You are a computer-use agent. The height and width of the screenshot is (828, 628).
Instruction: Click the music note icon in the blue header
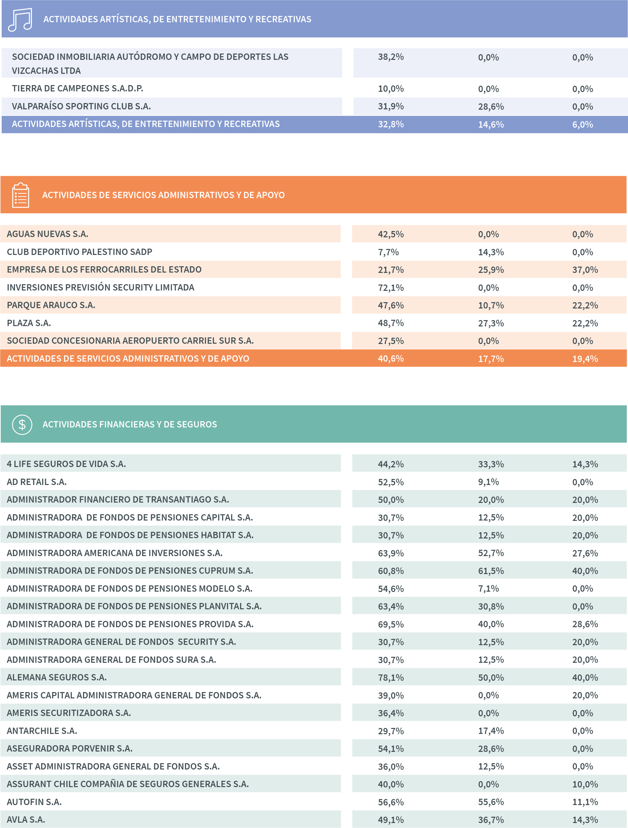pos(20,20)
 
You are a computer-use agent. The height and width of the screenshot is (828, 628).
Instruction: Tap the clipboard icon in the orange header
pos(21,195)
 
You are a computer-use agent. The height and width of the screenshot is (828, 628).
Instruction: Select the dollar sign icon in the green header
pos(22,424)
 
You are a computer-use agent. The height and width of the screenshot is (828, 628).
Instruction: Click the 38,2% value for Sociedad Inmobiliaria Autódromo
pos(391,57)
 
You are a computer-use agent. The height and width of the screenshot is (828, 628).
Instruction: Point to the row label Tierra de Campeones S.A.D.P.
pos(77,89)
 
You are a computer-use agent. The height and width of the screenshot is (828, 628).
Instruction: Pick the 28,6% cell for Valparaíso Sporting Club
pos(491,107)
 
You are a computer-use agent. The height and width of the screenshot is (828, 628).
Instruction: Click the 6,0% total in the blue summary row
pos(583,125)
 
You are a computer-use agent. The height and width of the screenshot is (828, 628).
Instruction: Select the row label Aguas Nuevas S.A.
pos(47,234)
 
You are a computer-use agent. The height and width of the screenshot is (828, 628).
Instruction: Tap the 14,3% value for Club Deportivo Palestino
pos(491,252)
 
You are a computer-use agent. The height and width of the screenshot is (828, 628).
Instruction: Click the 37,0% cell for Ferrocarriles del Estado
pos(584,270)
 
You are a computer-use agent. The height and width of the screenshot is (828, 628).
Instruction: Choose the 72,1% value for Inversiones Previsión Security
pos(391,288)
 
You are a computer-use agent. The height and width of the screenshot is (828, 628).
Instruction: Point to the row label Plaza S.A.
pos(29,323)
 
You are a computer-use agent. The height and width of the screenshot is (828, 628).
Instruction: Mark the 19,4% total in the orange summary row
pos(584,359)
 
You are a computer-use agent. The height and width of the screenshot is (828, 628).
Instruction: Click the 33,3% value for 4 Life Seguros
pos(491,464)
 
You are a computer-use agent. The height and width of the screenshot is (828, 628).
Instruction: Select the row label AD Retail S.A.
pos(37,482)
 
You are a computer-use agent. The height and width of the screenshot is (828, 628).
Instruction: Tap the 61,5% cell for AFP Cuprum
pos(491,571)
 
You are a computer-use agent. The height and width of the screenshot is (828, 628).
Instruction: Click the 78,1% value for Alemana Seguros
pos(391,677)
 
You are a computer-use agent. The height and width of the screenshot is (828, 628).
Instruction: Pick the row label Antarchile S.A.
pos(42,731)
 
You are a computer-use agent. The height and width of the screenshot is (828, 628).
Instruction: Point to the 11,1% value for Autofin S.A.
pos(584,802)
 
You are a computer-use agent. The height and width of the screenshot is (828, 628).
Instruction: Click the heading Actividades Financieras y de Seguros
pos(130,424)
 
